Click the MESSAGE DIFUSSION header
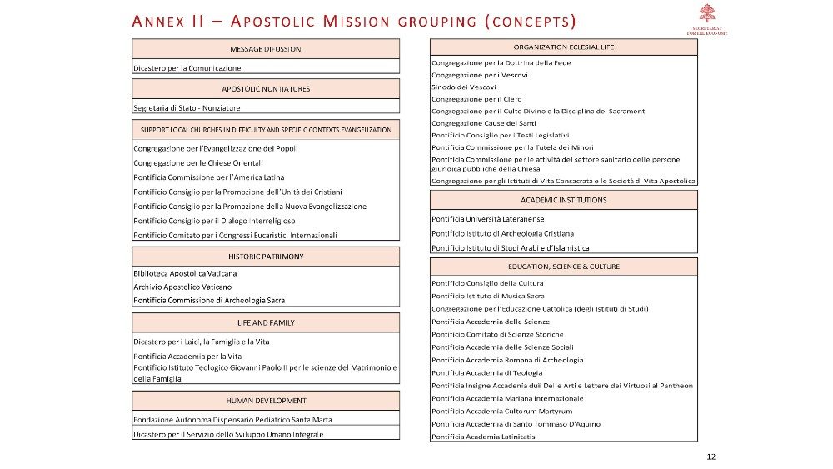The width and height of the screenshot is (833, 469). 265,49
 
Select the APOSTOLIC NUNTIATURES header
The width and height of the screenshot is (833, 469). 265,88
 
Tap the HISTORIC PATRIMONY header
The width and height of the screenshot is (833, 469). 265,256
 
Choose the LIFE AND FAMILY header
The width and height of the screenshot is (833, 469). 265,322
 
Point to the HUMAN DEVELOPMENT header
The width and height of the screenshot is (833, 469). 265,401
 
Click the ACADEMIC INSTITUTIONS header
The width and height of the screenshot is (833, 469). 563,200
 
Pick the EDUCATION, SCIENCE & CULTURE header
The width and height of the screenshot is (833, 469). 563,267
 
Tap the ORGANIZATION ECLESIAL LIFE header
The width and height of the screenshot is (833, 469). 563,47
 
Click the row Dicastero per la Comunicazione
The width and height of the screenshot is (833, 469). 187,67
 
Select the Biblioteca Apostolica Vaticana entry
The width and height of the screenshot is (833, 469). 185,273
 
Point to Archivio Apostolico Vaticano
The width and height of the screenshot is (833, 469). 182,287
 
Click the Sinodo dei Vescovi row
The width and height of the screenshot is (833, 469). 464,87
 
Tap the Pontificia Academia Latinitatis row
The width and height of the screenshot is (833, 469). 483,437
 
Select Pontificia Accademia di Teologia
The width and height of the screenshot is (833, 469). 486,372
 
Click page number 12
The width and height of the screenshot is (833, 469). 711,457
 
